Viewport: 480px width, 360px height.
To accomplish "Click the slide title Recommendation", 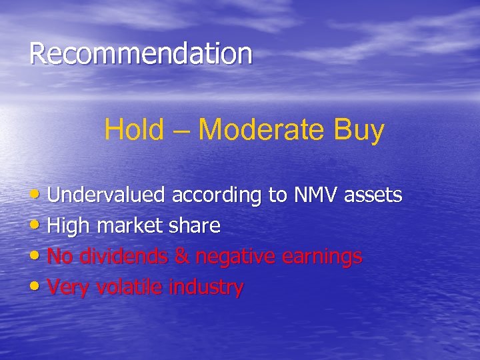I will (141, 54).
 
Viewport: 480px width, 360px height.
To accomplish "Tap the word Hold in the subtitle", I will (133, 130).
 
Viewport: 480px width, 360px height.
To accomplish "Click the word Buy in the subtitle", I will (361, 131).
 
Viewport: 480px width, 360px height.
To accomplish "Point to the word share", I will (193, 227).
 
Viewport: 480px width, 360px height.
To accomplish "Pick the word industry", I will (206, 288).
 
